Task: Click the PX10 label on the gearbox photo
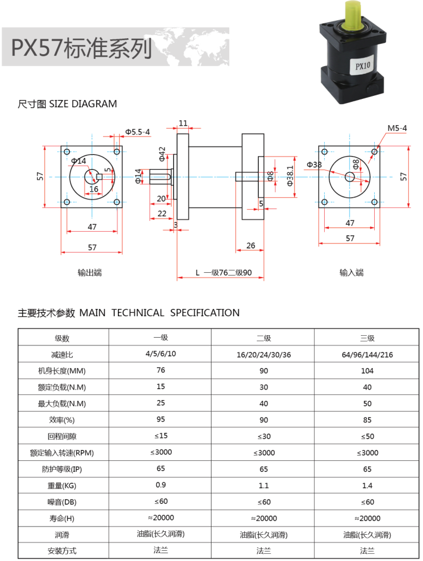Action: coord(362,66)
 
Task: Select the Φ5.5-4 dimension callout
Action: coord(138,132)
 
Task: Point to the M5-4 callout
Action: coord(397,128)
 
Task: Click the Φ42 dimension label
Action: coord(162,153)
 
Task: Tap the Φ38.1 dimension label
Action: coord(290,176)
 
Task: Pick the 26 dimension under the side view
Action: coord(250,245)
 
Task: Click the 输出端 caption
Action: coord(89,273)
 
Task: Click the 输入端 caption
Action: coord(352,273)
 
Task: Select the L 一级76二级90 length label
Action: coord(223,273)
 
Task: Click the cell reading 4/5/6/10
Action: coord(160,354)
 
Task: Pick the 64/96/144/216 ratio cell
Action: coord(367,354)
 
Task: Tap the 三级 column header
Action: coord(367,338)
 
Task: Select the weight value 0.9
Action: coord(160,485)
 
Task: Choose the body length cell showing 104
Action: coord(367,370)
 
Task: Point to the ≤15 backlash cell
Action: coord(160,436)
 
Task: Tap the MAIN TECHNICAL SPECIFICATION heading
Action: coord(160,313)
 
